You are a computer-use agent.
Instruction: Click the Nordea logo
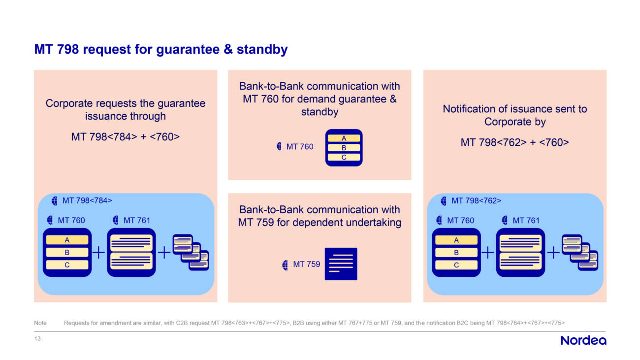pos(583,340)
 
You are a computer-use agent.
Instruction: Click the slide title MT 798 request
pos(161,50)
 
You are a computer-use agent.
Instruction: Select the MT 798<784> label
pos(87,200)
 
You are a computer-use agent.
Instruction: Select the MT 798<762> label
pos(476,200)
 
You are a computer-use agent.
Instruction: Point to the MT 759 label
pos(306,264)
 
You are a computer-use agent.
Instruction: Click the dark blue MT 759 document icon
pos(341,264)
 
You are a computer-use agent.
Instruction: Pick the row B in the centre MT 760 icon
pos(344,148)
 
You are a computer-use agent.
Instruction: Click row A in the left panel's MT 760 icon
pos(67,240)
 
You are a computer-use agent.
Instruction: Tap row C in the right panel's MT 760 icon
pos(456,265)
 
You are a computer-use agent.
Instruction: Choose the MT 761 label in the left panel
pos(136,221)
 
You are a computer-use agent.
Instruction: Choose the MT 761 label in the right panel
pos(526,221)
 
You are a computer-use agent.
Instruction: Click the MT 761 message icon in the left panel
pos(131,252)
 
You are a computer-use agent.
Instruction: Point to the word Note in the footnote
pos(40,323)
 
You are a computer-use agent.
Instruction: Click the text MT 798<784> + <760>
pos(125,136)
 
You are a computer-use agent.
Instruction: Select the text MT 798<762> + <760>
pos(514,142)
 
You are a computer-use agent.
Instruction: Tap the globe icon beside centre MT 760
pos(280,146)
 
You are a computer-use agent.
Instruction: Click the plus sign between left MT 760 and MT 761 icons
pos(98,253)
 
